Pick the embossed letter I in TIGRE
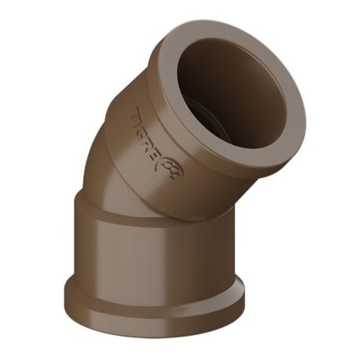pos(143,125)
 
